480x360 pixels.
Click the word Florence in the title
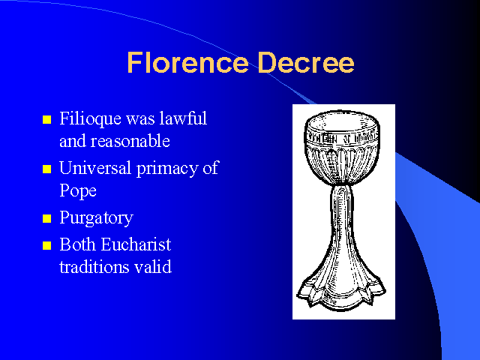[x=188, y=62]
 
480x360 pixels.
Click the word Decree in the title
[x=306, y=62]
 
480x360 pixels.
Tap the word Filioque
[x=90, y=118]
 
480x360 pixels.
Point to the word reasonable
[x=130, y=141]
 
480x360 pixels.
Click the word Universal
[x=95, y=168]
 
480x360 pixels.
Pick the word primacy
[x=166, y=169]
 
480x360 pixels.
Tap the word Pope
[x=78, y=191]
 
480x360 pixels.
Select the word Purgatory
[x=97, y=218]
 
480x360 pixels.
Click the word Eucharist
[x=136, y=244]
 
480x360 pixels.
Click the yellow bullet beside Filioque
[x=46, y=119]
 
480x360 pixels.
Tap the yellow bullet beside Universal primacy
[x=46, y=169]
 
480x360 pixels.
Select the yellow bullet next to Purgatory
[x=46, y=218]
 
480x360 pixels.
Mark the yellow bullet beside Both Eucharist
[x=46, y=245]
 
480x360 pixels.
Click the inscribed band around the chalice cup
[x=342, y=138]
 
